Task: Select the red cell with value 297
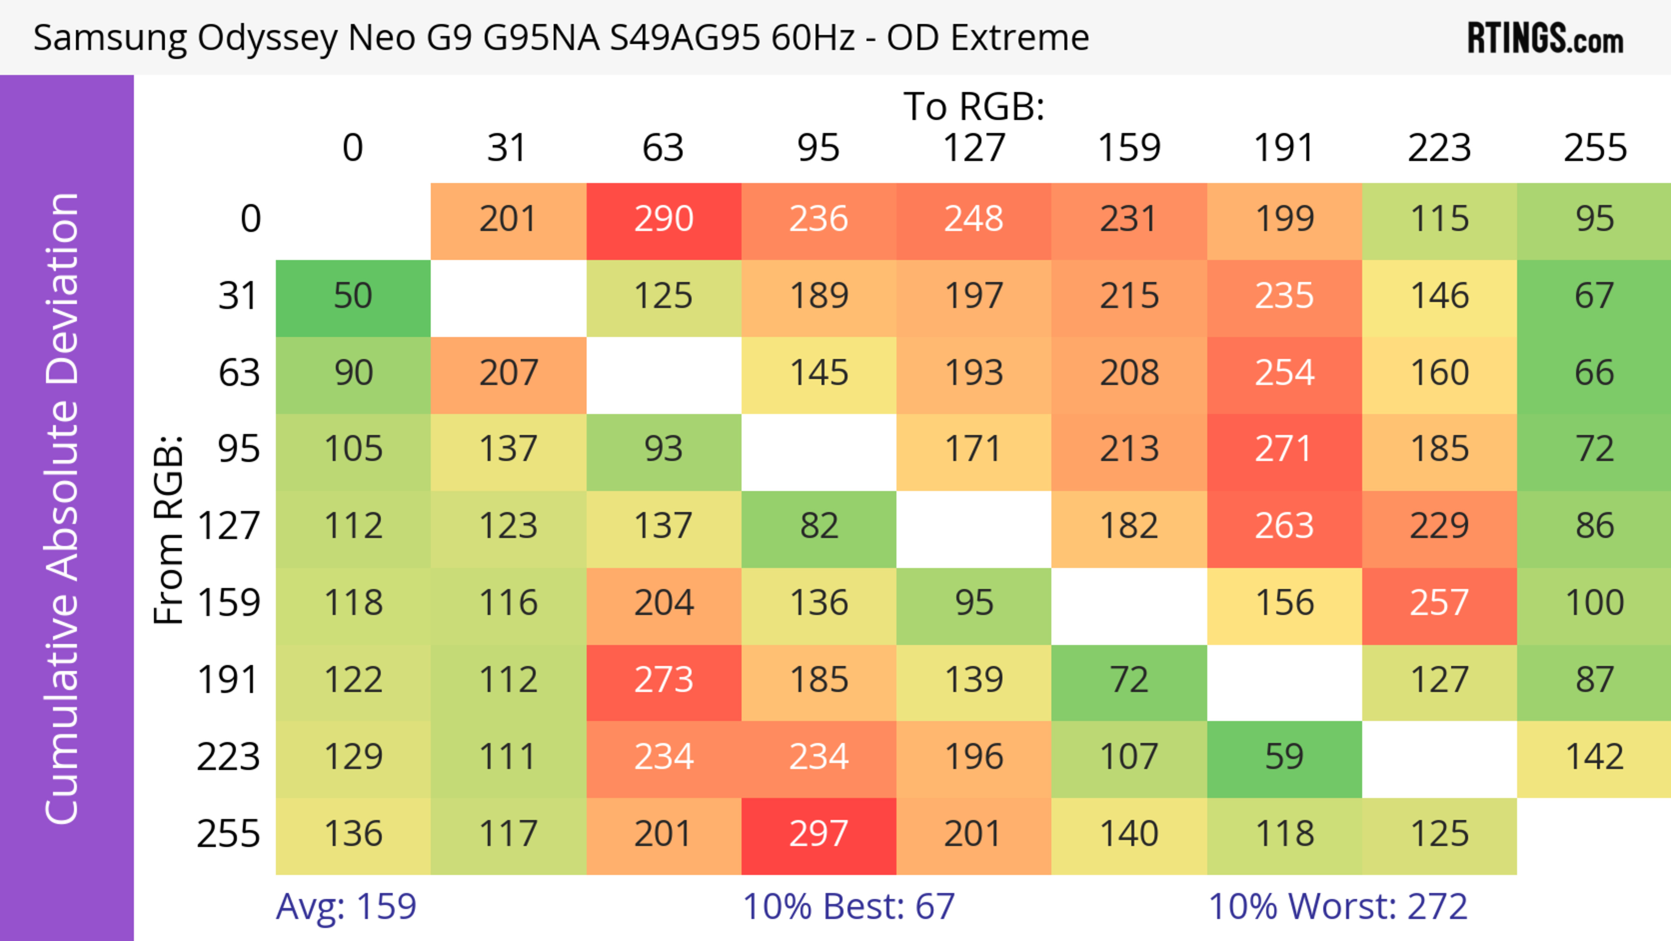819,835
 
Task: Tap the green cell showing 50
353,297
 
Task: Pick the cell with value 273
664,681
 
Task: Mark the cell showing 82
819,526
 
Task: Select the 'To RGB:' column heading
974,106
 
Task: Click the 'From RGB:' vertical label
169,529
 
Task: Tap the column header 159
1129,148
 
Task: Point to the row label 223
228,757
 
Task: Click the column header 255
1594,148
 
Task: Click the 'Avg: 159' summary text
346,907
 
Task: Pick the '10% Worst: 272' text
1338,907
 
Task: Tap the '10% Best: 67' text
849,907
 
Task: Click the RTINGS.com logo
1545,38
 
